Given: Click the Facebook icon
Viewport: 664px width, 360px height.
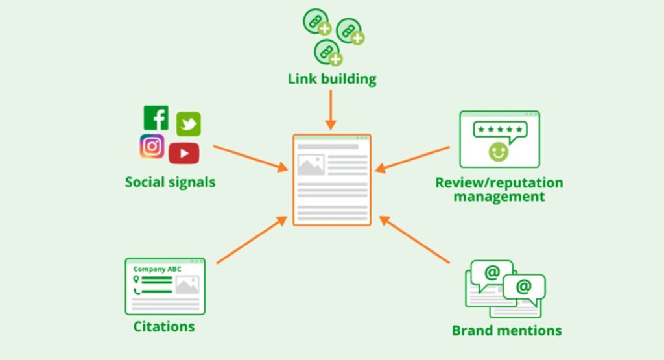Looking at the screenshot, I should (x=156, y=118).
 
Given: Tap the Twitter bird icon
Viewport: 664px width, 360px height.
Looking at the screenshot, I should (x=189, y=123).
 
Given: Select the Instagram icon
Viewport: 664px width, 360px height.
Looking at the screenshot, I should (x=152, y=147).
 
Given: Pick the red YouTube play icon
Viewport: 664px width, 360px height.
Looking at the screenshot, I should (x=184, y=153).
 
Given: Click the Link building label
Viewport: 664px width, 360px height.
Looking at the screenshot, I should (x=332, y=80).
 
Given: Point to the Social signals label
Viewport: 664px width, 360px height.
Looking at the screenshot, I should (x=170, y=182).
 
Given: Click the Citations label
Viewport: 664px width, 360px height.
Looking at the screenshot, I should (x=164, y=326).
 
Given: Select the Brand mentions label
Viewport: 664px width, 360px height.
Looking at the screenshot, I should (x=506, y=330).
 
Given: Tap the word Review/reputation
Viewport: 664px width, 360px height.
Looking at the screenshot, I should (x=499, y=182).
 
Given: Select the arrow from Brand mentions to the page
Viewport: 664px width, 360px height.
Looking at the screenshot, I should (x=414, y=240).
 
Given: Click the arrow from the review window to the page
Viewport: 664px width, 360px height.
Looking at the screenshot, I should (x=412, y=159).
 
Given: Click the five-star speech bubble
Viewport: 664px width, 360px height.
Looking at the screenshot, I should (x=499, y=130).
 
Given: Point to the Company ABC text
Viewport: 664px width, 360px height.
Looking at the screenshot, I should (x=158, y=269).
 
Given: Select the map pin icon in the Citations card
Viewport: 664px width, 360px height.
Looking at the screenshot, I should (x=136, y=279).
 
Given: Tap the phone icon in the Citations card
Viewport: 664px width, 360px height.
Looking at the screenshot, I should (x=136, y=291).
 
